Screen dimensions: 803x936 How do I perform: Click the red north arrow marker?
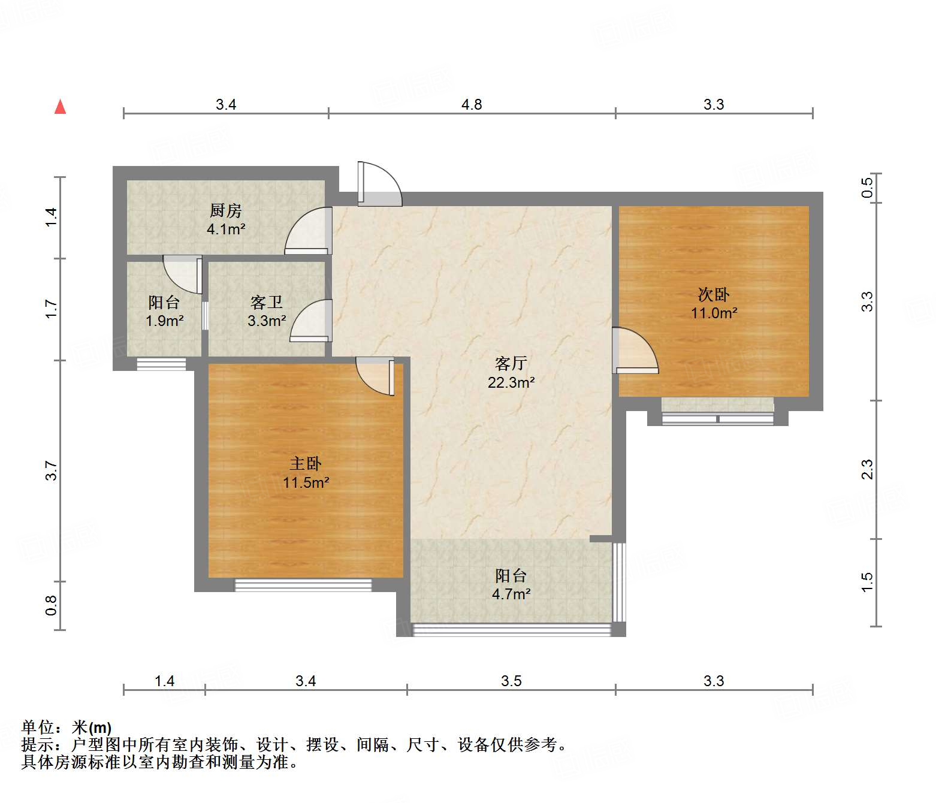60,107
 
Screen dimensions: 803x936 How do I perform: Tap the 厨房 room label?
226,210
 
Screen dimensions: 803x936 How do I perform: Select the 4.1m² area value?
226,229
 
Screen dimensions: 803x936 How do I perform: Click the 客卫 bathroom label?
267,303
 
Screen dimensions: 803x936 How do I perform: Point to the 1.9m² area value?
164,321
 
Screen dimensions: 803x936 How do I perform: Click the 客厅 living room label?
511,363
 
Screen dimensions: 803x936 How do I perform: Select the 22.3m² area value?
511,382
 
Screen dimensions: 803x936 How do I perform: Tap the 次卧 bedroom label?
714,294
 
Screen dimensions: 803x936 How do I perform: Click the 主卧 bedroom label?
306,463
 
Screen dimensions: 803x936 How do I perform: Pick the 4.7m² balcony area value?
511,594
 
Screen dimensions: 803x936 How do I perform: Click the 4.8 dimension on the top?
472,105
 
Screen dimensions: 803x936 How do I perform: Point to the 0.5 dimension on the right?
867,188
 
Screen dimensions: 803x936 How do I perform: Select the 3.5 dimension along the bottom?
511,681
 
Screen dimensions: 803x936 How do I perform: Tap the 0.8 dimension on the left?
52,605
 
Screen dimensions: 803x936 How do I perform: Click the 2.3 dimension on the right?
867,469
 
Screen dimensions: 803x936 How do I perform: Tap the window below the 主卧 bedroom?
303,585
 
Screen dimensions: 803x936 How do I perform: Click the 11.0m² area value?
714,313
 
